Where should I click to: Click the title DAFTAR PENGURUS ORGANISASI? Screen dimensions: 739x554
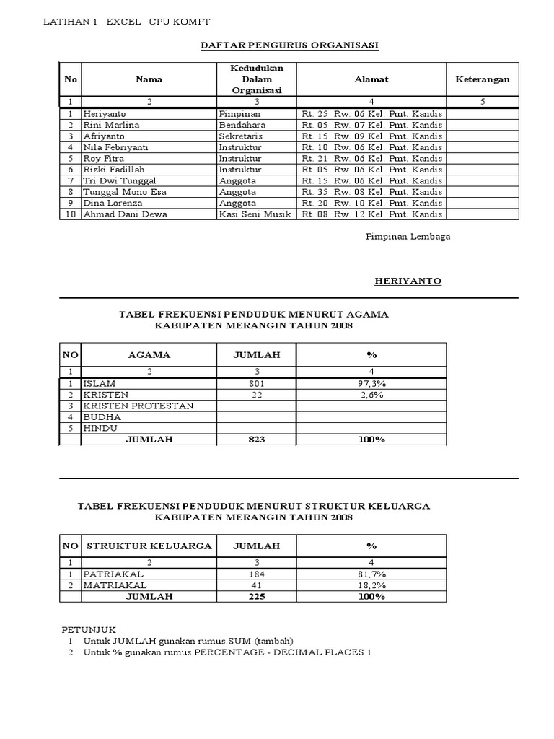click(289, 45)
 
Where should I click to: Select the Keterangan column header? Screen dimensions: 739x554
click(482, 79)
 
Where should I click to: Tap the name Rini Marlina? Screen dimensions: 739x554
click(111, 125)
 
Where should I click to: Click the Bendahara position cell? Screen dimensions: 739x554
click(242, 125)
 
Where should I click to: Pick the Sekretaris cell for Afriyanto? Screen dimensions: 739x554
click(241, 136)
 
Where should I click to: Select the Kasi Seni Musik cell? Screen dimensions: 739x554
click(255, 214)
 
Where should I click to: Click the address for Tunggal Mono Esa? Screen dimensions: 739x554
click(371, 192)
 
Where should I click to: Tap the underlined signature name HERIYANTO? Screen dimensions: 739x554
click(408, 281)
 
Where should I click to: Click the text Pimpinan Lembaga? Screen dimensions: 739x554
click(408, 237)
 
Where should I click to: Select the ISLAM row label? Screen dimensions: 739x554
click(99, 384)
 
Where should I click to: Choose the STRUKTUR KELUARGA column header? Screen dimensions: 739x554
click(149, 546)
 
